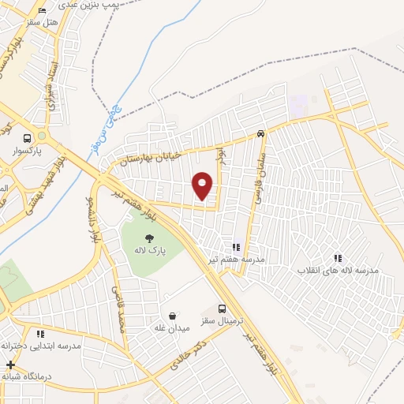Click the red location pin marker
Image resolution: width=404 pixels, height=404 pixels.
click(x=203, y=185)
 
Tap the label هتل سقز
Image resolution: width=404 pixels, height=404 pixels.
click(x=42, y=21)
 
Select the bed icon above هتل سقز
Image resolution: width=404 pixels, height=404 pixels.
click(x=42, y=9)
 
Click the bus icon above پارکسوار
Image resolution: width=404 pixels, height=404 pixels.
click(x=27, y=137)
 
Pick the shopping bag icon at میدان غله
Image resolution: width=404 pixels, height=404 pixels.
click(x=172, y=316)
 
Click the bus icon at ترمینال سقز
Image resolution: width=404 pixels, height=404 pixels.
click(x=222, y=309)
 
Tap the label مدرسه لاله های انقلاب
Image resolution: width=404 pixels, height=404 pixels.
click(x=338, y=270)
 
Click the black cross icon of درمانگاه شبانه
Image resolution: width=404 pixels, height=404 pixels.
click(x=10, y=365)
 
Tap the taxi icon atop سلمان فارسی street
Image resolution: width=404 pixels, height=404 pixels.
click(x=260, y=133)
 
